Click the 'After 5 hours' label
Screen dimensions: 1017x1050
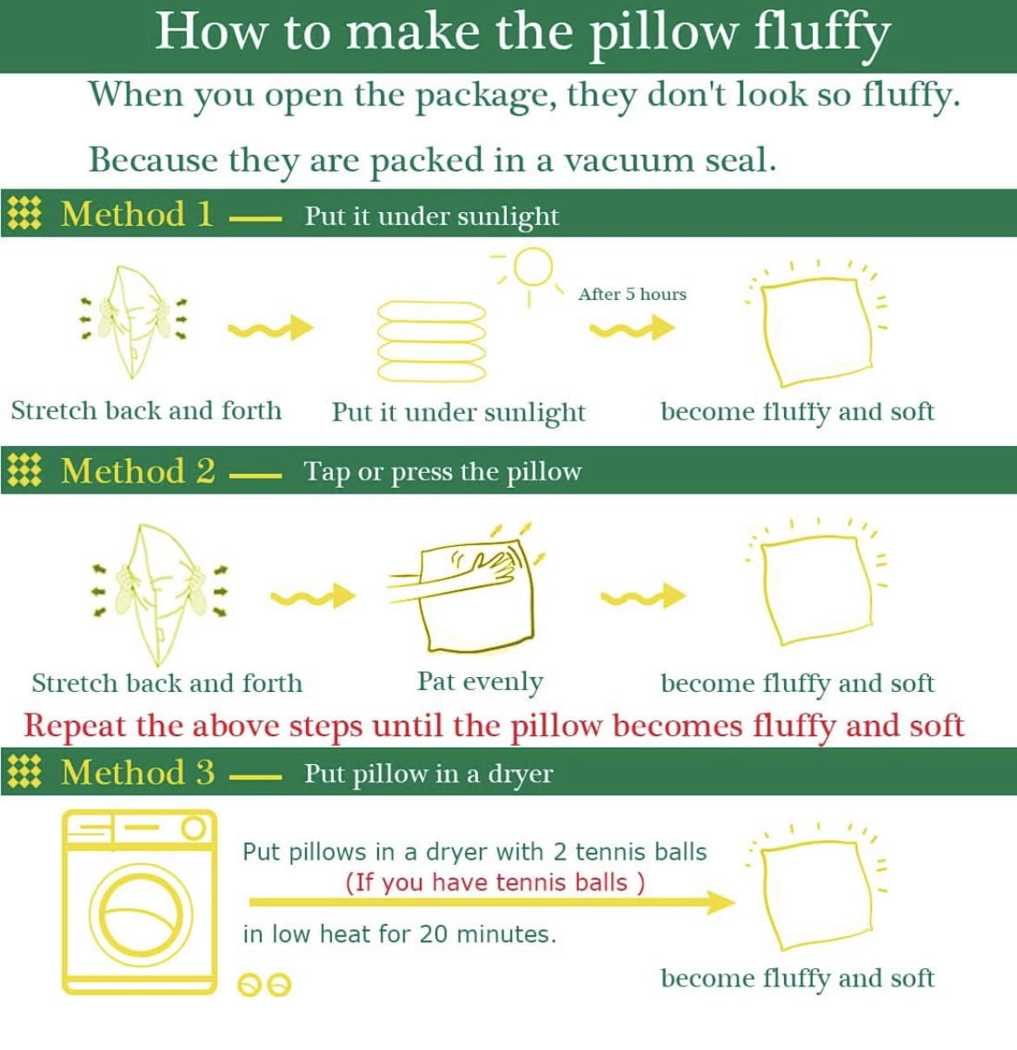(632, 294)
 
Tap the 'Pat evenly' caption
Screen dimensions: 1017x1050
(480, 682)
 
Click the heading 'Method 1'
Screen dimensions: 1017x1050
(137, 214)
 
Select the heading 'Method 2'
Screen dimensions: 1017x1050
(138, 471)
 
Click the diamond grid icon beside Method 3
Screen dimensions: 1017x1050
(24, 772)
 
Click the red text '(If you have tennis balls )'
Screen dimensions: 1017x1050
(495, 883)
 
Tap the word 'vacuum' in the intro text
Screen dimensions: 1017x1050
(629, 161)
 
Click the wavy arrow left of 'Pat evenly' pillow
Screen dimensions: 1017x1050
(313, 596)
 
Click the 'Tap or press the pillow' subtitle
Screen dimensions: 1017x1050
(442, 473)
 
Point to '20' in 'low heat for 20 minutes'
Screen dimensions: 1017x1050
(433, 934)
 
